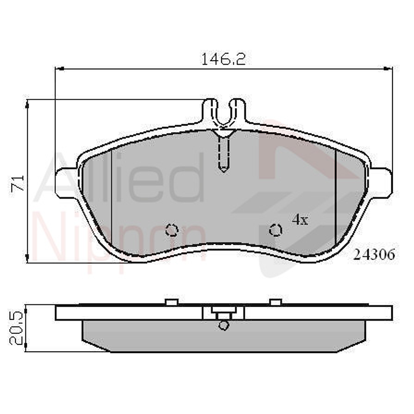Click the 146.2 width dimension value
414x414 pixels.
click(x=223, y=59)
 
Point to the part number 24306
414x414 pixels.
click(x=374, y=255)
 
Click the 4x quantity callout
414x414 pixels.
click(x=300, y=220)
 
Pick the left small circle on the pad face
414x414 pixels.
click(x=172, y=231)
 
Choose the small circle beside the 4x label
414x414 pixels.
click(x=275, y=230)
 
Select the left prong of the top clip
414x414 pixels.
click(x=210, y=109)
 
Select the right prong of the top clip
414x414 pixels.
click(x=238, y=109)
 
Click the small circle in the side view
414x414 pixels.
click(x=223, y=325)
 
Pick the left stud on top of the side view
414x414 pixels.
click(x=172, y=302)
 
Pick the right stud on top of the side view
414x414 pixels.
click(x=276, y=302)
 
